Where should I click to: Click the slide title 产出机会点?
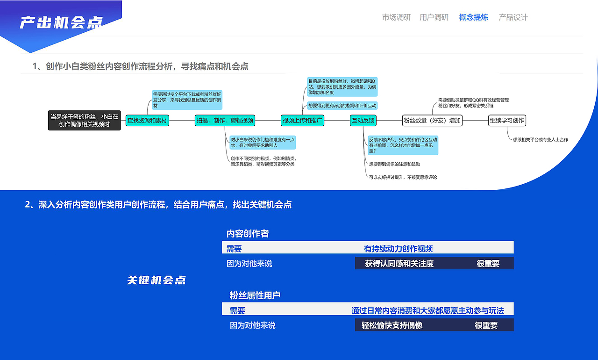tap(61, 22)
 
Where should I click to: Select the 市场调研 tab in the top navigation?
tap(396, 17)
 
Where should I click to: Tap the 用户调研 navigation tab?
tap(434, 17)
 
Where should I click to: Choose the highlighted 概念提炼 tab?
tap(473, 17)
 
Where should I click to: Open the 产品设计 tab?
tap(513, 17)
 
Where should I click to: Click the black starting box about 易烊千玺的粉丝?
tap(85, 120)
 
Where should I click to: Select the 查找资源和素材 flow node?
tap(147, 121)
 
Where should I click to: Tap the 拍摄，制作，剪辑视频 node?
tap(225, 121)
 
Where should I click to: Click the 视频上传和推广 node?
tap(302, 121)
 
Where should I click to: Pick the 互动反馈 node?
tap(363, 121)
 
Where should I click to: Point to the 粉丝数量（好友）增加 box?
tap(432, 121)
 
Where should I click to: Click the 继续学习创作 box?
tap(507, 121)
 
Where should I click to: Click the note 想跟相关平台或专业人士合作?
tap(541, 139)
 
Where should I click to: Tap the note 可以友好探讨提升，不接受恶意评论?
tap(403, 177)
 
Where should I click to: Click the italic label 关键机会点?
tap(157, 280)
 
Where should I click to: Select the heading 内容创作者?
tap(248, 233)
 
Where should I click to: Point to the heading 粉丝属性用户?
tap(255, 295)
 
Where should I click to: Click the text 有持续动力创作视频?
tap(399, 249)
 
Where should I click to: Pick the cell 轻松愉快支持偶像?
tap(392, 325)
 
